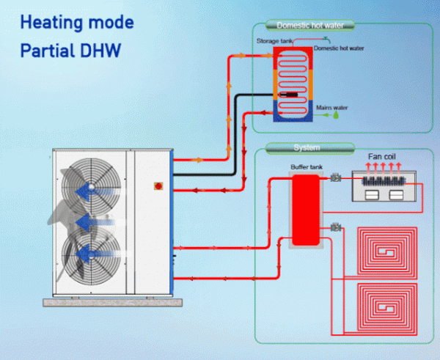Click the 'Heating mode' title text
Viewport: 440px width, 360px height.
click(x=77, y=23)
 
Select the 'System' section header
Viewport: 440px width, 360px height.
click(x=307, y=147)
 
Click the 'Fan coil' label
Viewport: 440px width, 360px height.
click(x=384, y=158)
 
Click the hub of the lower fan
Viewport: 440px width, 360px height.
click(x=91, y=253)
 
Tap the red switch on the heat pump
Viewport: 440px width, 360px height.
click(x=158, y=186)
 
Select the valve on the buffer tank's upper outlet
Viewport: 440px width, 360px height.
click(x=336, y=177)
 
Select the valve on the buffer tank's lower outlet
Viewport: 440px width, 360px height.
click(x=336, y=227)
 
